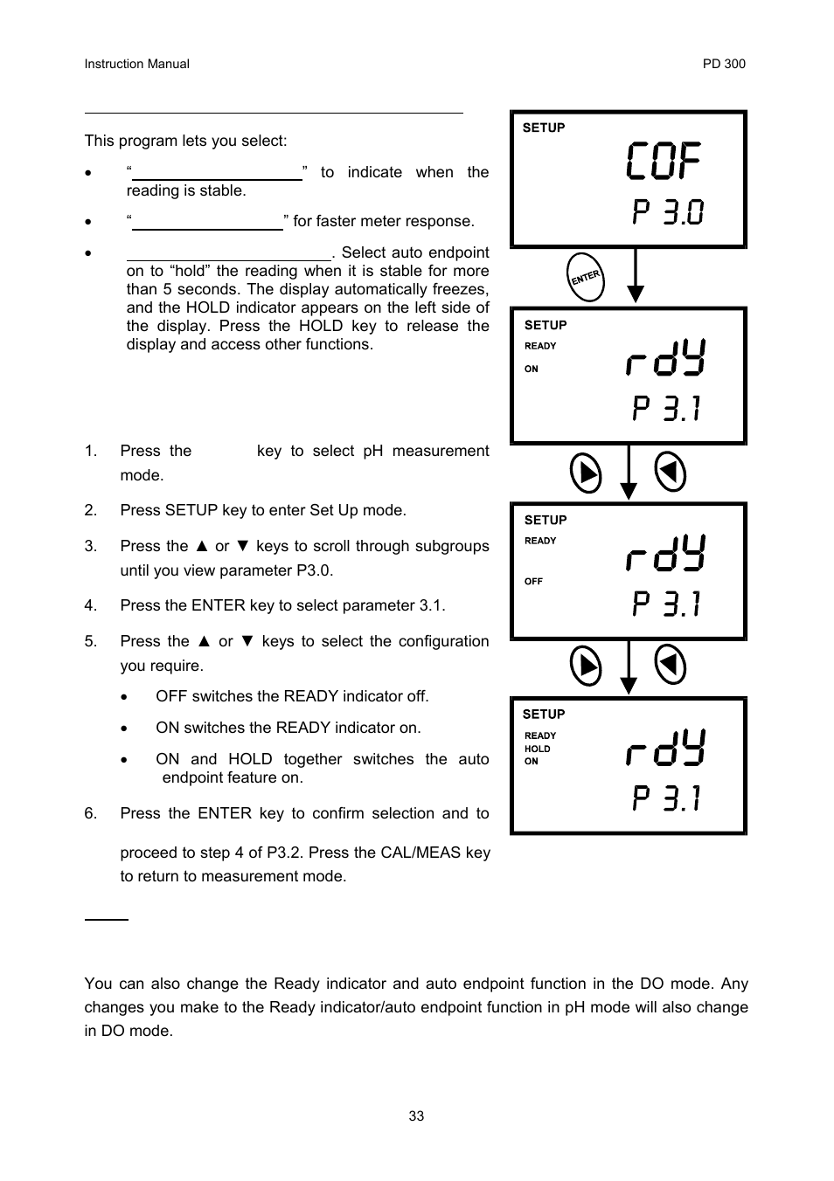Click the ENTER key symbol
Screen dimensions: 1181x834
(585, 277)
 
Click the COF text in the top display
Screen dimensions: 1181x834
(664, 162)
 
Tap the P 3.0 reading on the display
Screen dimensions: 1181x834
(668, 212)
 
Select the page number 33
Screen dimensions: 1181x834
(416, 1116)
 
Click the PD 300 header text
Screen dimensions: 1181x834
(724, 64)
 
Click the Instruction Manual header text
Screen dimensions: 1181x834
(136, 64)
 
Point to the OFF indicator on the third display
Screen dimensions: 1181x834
(533, 581)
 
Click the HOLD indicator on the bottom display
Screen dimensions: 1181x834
(538, 749)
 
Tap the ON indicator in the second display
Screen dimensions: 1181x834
(532, 369)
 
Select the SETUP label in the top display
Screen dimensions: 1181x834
(544, 128)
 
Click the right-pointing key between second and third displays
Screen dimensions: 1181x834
(586, 473)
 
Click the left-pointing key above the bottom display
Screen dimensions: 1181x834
(671, 666)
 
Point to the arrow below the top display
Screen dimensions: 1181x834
(636, 276)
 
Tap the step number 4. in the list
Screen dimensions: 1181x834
(91, 605)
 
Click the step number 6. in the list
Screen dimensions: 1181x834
(91, 813)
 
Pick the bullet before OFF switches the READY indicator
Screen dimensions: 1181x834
(127, 697)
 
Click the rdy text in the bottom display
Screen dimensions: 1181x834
(666, 749)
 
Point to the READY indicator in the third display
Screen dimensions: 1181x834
(540, 541)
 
